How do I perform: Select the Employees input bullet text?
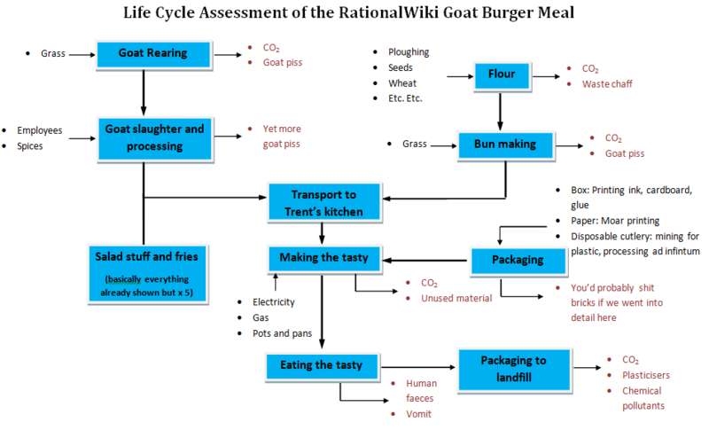(40, 130)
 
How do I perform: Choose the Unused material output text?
(456, 299)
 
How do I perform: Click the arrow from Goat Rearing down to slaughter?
(144, 89)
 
